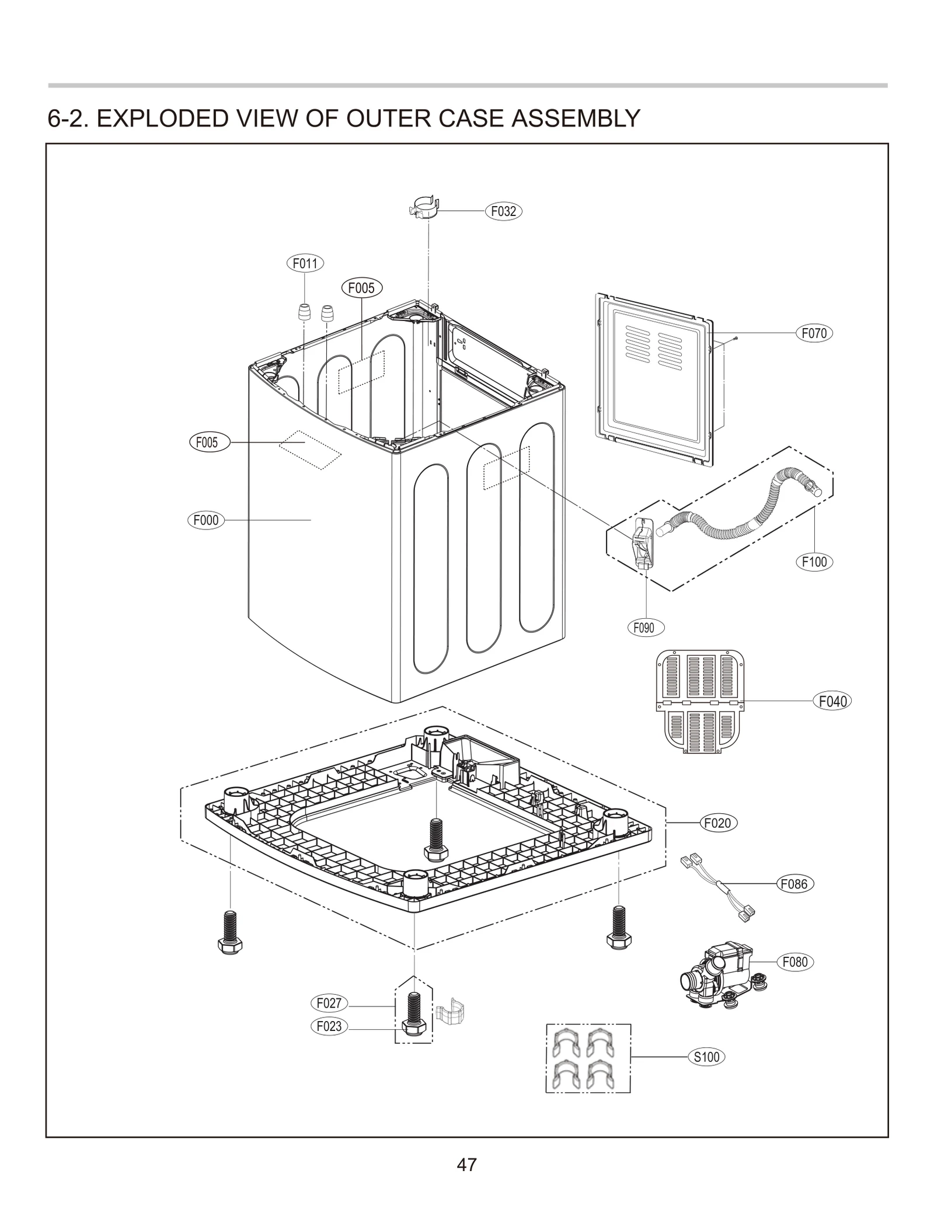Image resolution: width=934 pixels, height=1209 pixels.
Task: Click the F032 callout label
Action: pos(503,211)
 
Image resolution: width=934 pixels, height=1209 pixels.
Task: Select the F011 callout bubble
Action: pos(305,263)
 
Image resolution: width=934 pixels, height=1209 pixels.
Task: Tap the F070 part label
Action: pos(814,333)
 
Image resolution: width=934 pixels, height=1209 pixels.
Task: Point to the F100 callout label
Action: pos(814,562)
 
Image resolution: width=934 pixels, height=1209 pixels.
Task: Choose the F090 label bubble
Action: pos(644,628)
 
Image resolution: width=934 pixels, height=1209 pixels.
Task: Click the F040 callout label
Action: pos(832,701)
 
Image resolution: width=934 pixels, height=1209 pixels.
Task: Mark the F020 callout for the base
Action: pos(718,823)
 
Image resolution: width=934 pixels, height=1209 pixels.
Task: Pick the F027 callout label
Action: pos(329,1004)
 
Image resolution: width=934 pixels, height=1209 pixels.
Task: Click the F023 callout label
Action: pos(329,1026)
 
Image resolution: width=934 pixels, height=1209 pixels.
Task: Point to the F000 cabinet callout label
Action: pos(205,520)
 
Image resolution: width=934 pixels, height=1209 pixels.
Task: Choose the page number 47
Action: pos(466,1165)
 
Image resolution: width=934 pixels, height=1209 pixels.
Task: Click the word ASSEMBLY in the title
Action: pos(576,118)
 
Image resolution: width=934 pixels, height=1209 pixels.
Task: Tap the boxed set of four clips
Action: pos(588,1058)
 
